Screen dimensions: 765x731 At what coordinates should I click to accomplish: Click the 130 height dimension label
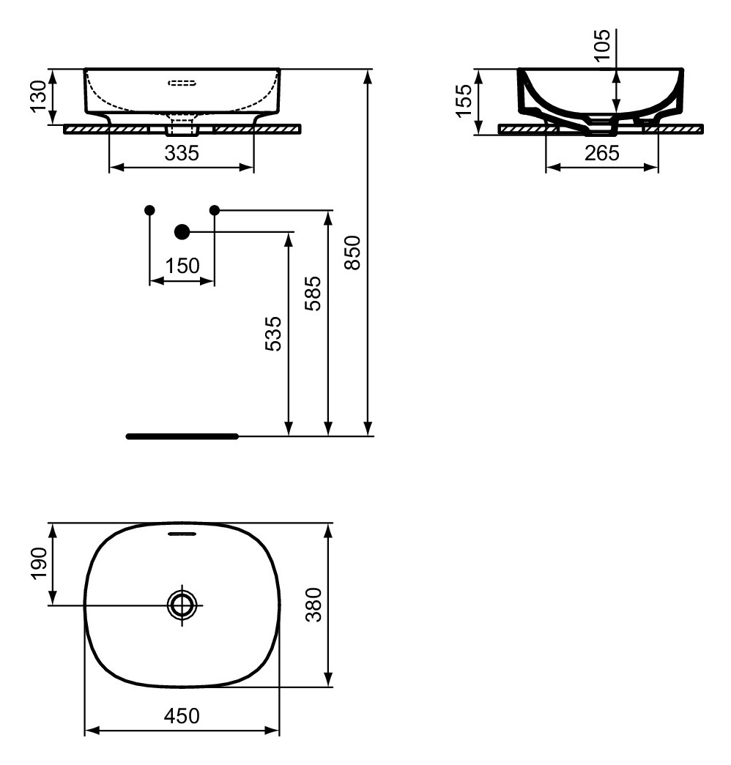pos(39,96)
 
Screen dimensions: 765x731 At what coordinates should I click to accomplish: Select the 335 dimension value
pos(182,153)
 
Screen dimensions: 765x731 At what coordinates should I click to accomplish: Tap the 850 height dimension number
pos(352,253)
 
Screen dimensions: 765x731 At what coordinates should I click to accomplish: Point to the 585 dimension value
pos(313,294)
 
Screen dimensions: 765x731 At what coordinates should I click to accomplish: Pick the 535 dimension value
pos(272,334)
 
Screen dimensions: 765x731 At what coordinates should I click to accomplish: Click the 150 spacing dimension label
pos(182,266)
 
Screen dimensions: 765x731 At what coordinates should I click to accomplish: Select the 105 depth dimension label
pos(603,47)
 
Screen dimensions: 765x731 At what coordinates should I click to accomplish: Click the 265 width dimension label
pos(602,153)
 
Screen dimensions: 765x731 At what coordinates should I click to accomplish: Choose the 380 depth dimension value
pos(313,605)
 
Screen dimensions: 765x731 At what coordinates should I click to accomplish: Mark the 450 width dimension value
pos(182,716)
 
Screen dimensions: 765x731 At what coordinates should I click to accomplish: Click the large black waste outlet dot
pos(182,232)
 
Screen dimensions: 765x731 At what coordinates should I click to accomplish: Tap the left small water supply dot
pos(149,210)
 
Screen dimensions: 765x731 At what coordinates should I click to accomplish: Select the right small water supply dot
pos(215,210)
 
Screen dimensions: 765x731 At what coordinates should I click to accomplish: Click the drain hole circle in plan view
pos(182,605)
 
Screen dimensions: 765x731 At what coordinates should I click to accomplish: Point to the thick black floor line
pos(182,436)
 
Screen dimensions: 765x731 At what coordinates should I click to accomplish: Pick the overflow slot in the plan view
pos(182,534)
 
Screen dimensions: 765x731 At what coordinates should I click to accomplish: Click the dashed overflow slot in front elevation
pos(182,83)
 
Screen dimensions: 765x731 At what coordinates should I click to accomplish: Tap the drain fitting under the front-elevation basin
pos(182,129)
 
